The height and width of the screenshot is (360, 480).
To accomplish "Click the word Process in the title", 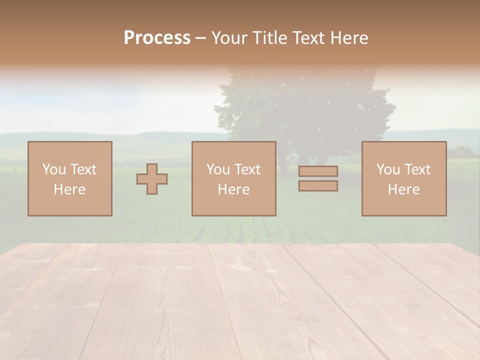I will pyautogui.click(x=157, y=38).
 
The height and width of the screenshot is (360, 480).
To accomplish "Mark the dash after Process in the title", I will pyautogui.click(x=200, y=38).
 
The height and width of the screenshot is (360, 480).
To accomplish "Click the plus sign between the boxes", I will pyautogui.click(x=152, y=179).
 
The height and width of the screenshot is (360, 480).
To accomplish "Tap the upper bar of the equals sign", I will pyautogui.click(x=318, y=171).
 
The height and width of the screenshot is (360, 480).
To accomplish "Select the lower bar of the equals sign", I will pyautogui.click(x=318, y=186).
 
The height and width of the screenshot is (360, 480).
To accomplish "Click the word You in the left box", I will pyautogui.click(x=54, y=169).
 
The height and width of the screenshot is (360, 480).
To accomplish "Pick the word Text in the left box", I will pyautogui.click(x=83, y=169).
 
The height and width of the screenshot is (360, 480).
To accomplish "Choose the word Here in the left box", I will pyautogui.click(x=69, y=189).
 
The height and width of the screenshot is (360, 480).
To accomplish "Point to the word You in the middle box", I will pyautogui.click(x=218, y=169).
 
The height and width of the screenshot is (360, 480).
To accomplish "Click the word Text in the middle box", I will pyautogui.click(x=247, y=169).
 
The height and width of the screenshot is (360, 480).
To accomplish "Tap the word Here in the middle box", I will pyautogui.click(x=233, y=189).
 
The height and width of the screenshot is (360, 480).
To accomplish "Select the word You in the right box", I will pyautogui.click(x=388, y=169).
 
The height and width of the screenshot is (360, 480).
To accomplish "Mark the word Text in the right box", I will pyautogui.click(x=417, y=169).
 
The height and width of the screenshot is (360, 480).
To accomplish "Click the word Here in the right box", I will pyautogui.click(x=403, y=189).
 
